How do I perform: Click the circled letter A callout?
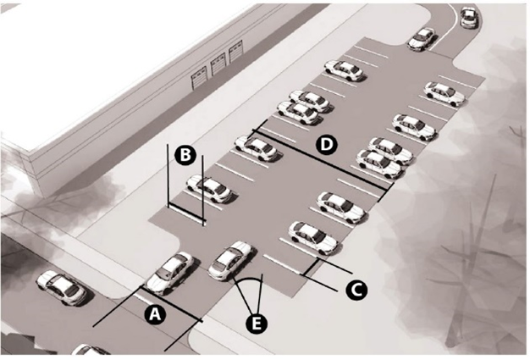click(154, 313)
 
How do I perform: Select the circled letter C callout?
click(356, 289)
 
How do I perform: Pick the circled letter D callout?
click(325, 145)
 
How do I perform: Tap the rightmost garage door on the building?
click(236, 59)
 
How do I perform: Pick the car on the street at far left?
click(63, 287)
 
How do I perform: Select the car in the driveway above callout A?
click(169, 272)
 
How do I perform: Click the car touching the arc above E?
click(231, 260)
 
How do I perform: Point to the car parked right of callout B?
click(209, 188)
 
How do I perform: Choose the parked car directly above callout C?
click(313, 238)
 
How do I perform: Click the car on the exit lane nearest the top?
click(422, 39)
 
